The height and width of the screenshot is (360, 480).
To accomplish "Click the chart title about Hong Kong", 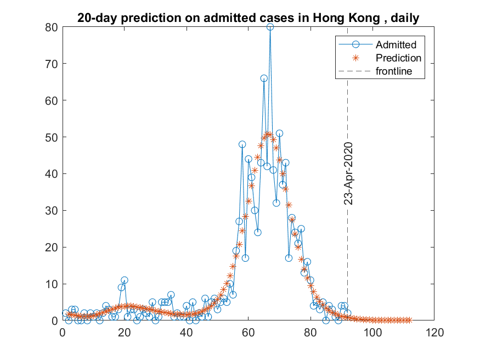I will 248,18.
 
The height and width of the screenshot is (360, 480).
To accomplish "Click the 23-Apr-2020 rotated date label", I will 348,173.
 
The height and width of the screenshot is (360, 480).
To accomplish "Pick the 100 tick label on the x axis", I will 372,331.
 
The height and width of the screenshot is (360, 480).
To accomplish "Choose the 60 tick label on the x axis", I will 248,331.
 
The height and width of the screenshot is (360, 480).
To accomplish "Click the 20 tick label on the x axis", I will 125,331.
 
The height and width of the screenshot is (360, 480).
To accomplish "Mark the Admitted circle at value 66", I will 264,78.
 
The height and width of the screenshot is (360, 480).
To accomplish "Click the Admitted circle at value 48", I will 242,144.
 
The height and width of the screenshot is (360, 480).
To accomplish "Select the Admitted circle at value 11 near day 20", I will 125,280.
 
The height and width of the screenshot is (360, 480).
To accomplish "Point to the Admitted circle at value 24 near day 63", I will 258,232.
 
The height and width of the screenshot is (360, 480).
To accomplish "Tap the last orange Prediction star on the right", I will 409,320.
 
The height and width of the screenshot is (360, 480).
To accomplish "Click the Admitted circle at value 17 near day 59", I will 245,258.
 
